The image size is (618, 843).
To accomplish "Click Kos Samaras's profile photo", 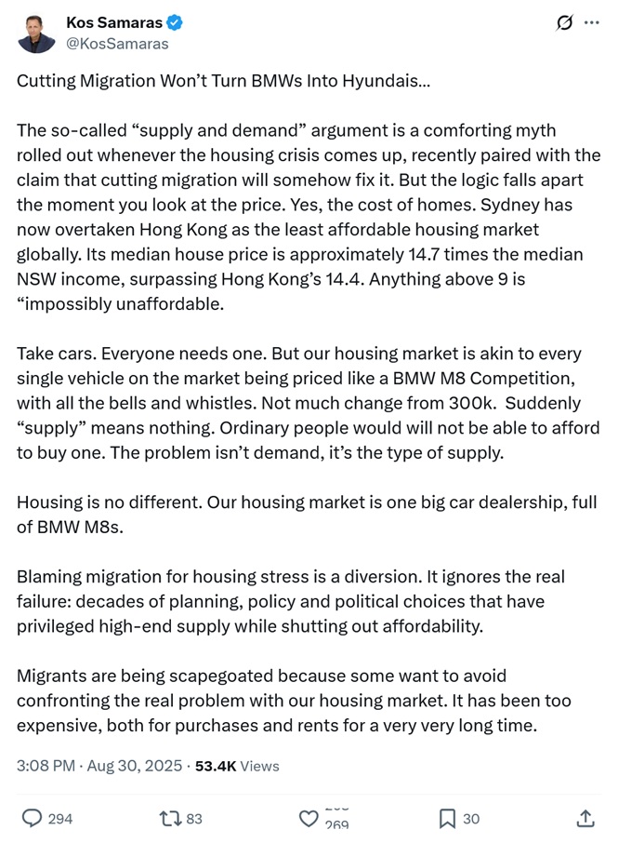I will coord(36,33).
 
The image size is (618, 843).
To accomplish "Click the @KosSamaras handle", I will coord(118,43).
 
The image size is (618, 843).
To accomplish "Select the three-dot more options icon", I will coord(592,22).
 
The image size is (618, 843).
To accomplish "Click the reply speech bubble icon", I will coord(32,818).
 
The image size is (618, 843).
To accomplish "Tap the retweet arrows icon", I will coord(170,818).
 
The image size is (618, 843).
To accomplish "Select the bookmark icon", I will coord(446,818).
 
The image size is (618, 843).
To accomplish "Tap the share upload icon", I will coord(585,818).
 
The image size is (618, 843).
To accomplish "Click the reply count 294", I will coord(60,819).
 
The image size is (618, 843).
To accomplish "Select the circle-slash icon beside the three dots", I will coord(563,22).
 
